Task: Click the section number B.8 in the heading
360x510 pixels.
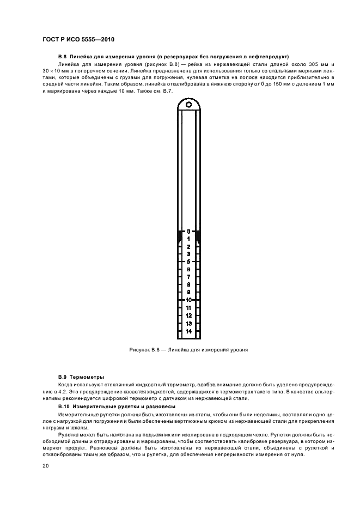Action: (x=63, y=57)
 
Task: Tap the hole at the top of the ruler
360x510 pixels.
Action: (x=188, y=104)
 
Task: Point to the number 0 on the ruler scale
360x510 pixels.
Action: (x=188, y=232)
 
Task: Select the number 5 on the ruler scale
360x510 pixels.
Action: (x=188, y=262)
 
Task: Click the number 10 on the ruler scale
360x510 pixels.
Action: (x=188, y=300)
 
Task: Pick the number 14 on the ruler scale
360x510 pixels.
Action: (x=188, y=331)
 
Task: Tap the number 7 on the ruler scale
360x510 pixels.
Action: (x=188, y=277)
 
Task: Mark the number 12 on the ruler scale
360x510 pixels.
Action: (x=188, y=315)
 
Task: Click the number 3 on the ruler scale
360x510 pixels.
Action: (x=188, y=254)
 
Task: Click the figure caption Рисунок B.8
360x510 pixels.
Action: (x=143, y=350)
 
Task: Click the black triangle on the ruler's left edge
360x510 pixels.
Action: (x=180, y=237)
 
